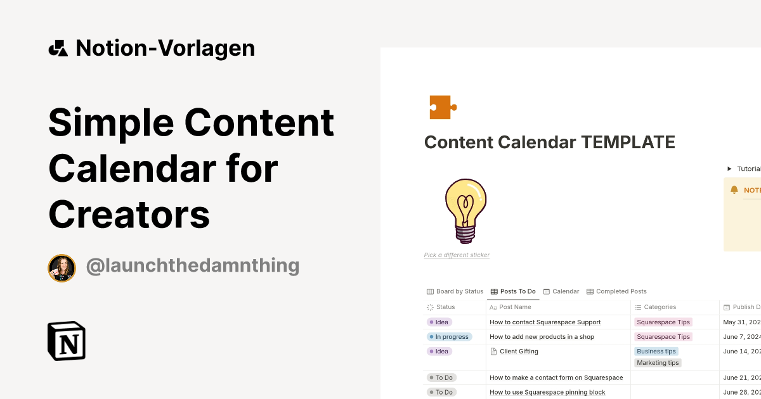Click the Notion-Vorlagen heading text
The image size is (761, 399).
click(x=165, y=48)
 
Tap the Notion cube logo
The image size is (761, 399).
click(x=67, y=341)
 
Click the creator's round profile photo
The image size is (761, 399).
click(x=62, y=268)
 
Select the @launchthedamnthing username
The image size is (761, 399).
click(x=192, y=266)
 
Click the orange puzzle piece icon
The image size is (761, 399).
click(x=442, y=107)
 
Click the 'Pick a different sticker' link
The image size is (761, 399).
click(x=457, y=255)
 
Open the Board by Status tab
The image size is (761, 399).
click(x=455, y=291)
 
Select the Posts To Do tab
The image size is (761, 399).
click(x=513, y=291)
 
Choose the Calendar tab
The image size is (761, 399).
click(x=561, y=291)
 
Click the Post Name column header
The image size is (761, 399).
click(x=515, y=307)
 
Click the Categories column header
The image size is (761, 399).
click(x=660, y=307)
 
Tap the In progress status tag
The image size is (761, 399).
click(x=450, y=337)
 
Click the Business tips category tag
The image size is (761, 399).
click(x=656, y=351)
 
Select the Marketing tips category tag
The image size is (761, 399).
click(x=658, y=363)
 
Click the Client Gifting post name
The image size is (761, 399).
click(x=519, y=351)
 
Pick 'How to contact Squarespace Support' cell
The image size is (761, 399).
click(x=545, y=322)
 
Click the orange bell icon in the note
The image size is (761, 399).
click(x=734, y=190)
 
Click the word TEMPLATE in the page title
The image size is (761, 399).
click(x=628, y=142)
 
